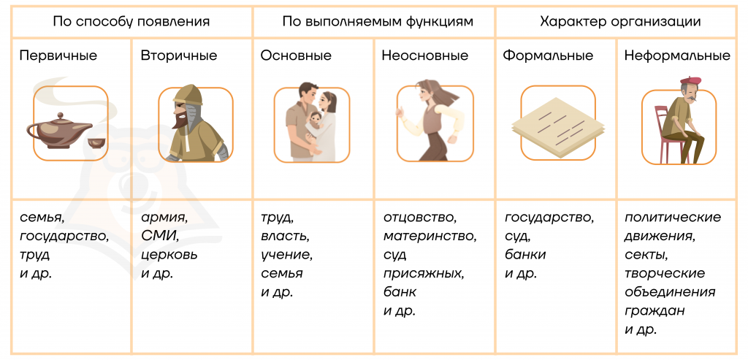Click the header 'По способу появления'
point(131,22)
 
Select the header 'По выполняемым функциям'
point(378,22)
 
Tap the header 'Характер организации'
point(620,22)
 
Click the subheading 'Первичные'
point(58,55)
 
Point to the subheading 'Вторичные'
point(179,55)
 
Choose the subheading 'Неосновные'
point(425,55)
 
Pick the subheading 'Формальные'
point(548,55)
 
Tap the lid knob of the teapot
point(60,116)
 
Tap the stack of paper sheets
point(557,124)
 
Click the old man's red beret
point(691,80)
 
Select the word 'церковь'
point(169,255)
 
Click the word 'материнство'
point(430,236)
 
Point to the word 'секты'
point(646,255)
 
